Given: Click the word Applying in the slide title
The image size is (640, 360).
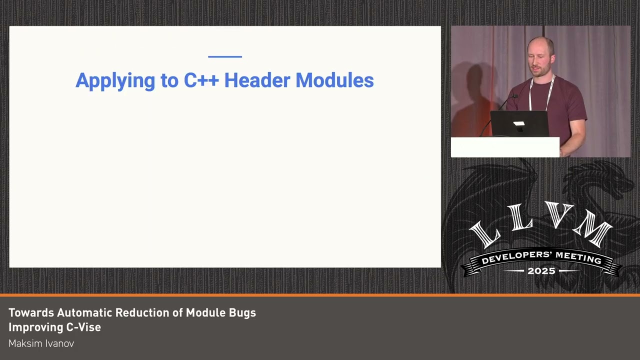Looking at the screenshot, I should click(x=115, y=80).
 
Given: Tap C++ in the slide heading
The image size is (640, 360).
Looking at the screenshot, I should click(x=201, y=80).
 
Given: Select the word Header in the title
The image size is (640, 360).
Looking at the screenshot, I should click(x=257, y=80).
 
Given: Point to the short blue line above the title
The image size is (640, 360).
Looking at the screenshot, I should click(x=224, y=57).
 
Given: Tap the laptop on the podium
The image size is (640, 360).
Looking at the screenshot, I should click(x=519, y=123).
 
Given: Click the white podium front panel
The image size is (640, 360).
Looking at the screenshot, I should click(x=504, y=147).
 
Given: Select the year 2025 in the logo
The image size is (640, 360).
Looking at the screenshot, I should click(x=541, y=271).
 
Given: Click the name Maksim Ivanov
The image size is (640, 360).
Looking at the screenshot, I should click(x=41, y=343).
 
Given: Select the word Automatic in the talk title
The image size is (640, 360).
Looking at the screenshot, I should click(x=84, y=313).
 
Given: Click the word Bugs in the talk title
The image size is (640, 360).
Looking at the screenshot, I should click(x=242, y=313).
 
